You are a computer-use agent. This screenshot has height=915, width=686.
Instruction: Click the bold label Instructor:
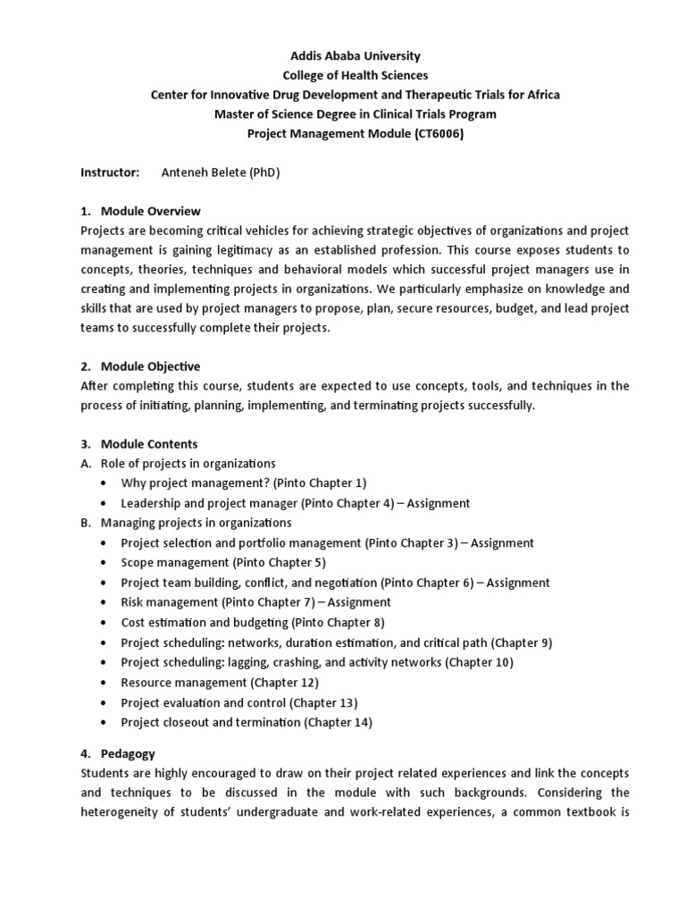point(111,172)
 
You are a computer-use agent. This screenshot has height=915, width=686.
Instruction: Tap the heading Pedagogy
point(129,754)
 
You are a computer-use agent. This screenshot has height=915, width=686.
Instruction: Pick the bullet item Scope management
point(175,562)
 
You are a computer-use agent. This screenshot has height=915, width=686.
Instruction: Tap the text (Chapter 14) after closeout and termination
point(339,722)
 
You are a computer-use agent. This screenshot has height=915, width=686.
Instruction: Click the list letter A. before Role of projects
point(87,464)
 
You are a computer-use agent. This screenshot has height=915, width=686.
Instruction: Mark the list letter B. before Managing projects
point(87,523)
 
